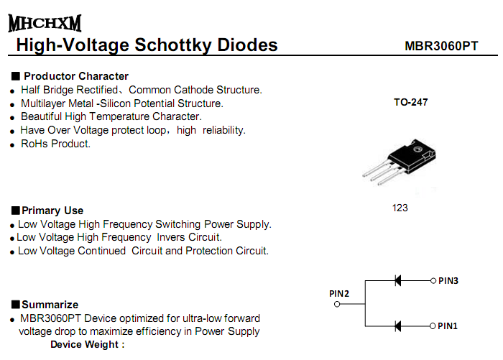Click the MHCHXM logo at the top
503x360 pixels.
pos(45,23)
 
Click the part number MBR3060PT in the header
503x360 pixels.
pos(441,47)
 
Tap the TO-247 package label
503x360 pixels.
pos(410,103)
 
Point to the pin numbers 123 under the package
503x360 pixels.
pos(400,208)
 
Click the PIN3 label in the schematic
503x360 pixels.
pos(448,280)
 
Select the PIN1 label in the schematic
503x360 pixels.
pos(448,326)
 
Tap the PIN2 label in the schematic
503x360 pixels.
pos(339,293)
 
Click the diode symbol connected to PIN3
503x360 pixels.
pos(397,280)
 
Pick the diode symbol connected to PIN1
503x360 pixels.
pos(397,326)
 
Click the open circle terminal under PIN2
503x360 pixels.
pos(337,304)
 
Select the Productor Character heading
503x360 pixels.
pos(75,76)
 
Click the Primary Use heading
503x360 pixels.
pos(52,211)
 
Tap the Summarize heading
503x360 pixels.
pos(50,305)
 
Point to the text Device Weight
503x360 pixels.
pos(87,345)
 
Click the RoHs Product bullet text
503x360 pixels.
pos(55,144)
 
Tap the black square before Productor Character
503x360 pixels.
pos(15,76)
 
